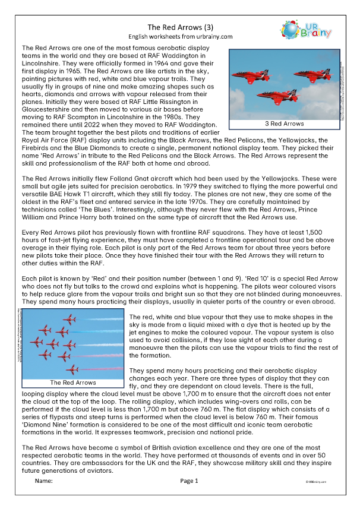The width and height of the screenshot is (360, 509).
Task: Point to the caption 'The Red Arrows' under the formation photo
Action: pos(73,383)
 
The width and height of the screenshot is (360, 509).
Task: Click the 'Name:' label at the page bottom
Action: pos(44,481)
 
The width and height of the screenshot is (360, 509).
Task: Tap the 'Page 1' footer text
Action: pos(189,481)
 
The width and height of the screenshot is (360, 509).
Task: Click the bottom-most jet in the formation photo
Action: pos(73,369)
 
